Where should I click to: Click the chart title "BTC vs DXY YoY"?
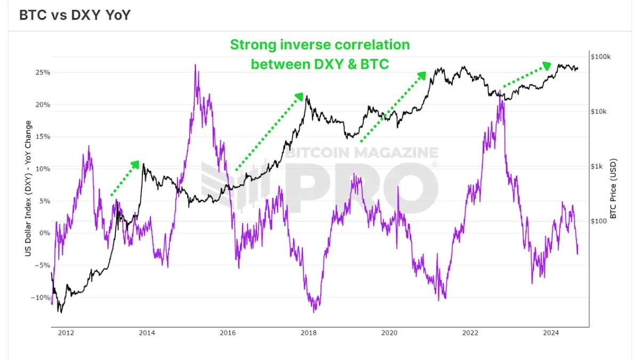click(x=75, y=15)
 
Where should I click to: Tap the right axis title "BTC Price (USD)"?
click(x=613, y=188)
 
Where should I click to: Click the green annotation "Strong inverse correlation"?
click(x=320, y=44)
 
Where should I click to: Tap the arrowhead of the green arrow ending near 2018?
click(x=300, y=97)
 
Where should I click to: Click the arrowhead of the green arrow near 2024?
click(x=547, y=65)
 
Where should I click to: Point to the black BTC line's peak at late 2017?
click(x=306, y=97)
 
